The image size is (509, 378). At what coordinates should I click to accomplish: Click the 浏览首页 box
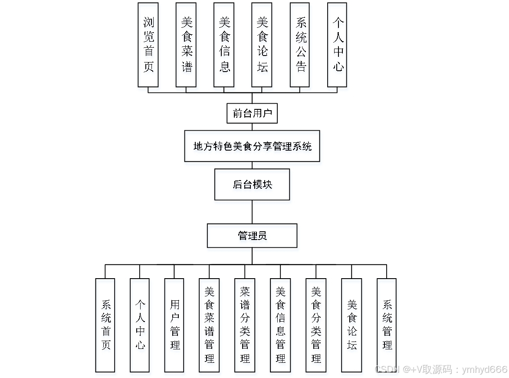(148, 45)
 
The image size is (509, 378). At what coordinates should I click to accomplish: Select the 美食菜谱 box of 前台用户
(186, 45)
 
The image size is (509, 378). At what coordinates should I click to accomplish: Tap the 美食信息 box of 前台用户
(224, 45)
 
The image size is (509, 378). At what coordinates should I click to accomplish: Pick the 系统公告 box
(300, 45)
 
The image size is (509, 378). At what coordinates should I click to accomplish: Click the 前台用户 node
(252, 114)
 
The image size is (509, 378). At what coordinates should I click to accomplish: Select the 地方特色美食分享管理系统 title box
(252, 146)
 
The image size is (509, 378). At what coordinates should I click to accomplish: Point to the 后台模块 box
(252, 184)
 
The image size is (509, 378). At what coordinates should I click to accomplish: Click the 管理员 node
(252, 236)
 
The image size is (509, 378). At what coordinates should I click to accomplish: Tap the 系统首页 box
(105, 325)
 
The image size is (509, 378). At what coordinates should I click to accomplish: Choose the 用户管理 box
(174, 325)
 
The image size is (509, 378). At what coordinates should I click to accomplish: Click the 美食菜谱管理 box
(209, 325)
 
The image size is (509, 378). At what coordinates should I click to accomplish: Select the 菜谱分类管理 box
(245, 325)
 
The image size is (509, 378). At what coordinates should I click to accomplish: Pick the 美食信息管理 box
(280, 325)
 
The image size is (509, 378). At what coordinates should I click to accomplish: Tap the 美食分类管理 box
(316, 325)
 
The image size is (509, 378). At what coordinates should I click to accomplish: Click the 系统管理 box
(387, 325)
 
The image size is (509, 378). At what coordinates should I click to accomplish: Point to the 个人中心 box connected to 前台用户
(337, 45)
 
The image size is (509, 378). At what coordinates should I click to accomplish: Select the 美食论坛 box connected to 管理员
(351, 325)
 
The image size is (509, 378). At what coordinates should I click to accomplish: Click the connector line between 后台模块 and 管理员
(252, 212)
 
